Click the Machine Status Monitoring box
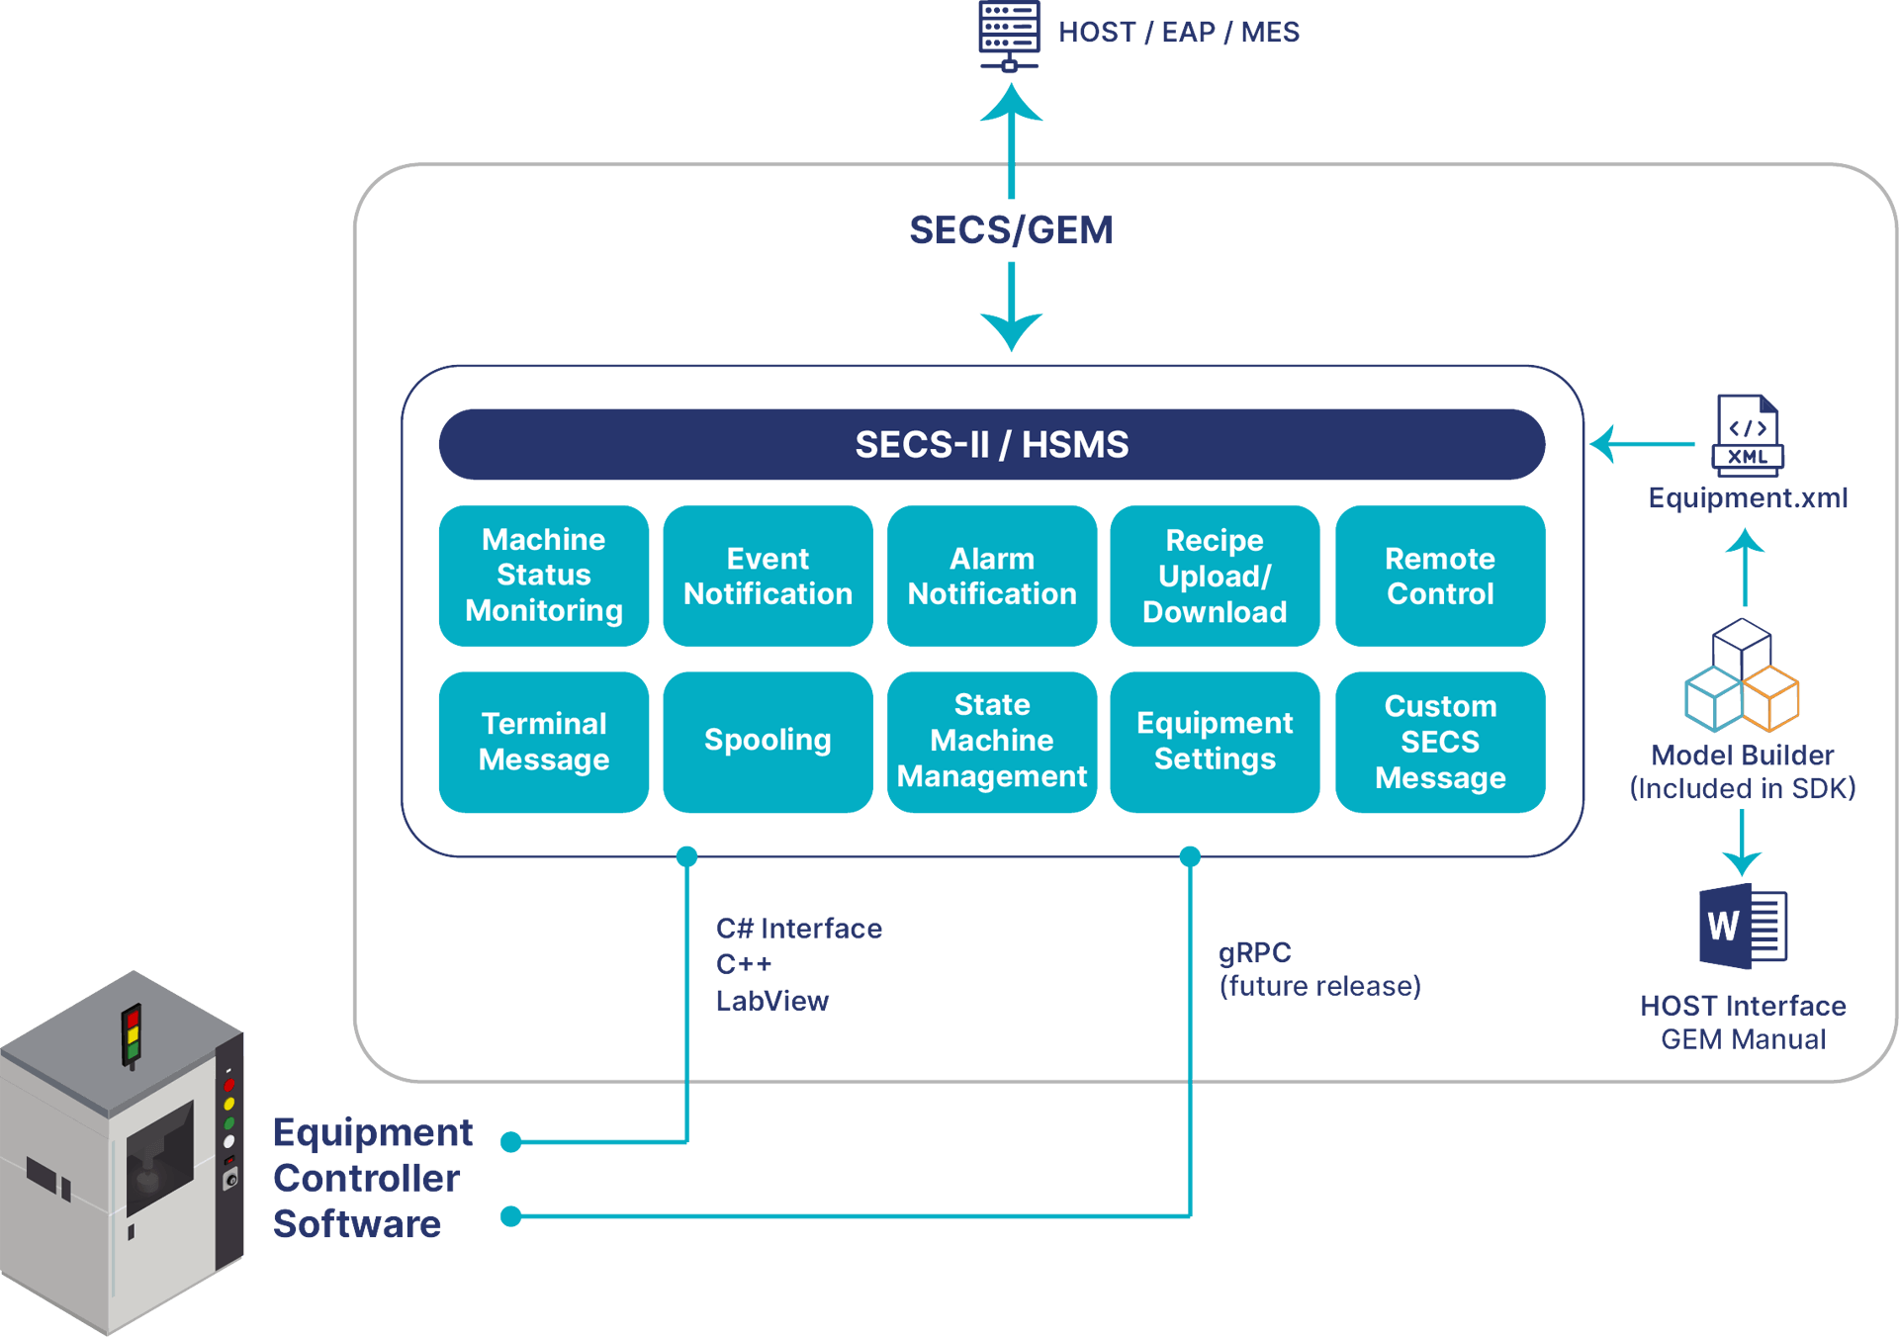[543, 576]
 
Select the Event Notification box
[768, 576]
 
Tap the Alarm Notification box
[991, 576]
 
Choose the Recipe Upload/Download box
[1215, 576]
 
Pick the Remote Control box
[1439, 576]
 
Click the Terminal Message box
[543, 742]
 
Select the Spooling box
[768, 742]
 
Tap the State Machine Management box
[991, 742]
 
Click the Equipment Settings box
[1215, 742]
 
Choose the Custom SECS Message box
[1439, 742]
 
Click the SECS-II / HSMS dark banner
[991, 445]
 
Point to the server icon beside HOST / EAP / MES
[1009, 35]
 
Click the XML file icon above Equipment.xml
[1748, 435]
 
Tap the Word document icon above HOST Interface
[1742, 927]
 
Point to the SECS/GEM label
[1010, 230]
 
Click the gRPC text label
[1254, 952]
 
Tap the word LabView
[771, 1001]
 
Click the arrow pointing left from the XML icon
[1642, 444]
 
